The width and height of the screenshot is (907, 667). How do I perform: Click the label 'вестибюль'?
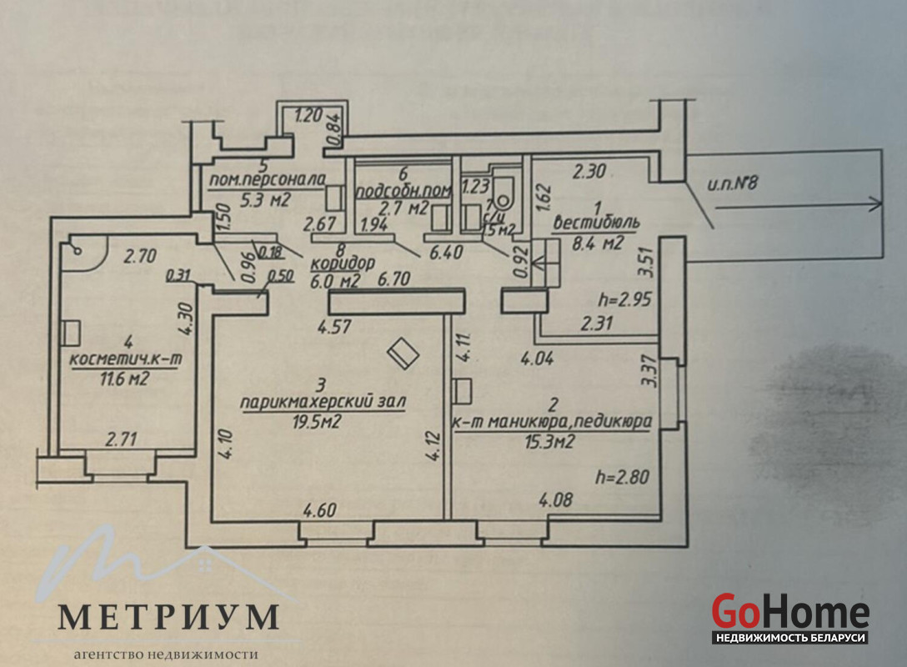(x=597, y=223)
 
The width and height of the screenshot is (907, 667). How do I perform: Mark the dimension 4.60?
(x=321, y=510)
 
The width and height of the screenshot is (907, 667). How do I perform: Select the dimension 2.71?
(x=119, y=437)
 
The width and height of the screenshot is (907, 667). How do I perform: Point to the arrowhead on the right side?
(x=874, y=202)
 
